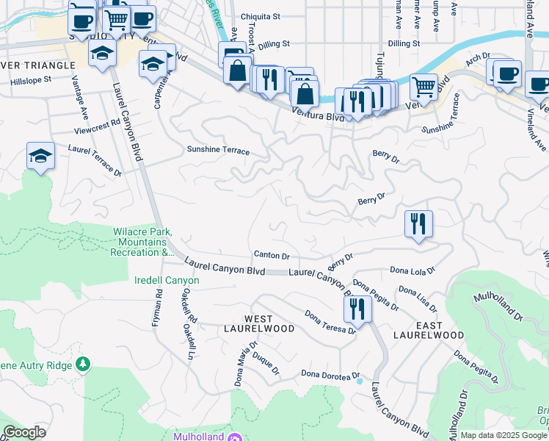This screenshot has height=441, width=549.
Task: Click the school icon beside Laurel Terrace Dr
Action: (41, 156)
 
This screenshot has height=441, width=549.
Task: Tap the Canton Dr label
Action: (272, 255)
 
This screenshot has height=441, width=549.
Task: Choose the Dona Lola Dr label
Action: (412, 271)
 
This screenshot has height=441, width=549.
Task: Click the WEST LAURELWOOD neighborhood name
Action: (249, 323)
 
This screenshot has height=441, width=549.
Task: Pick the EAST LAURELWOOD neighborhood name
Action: (429, 329)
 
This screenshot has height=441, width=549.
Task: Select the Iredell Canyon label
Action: (167, 281)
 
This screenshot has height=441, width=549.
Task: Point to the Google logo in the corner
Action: (24, 432)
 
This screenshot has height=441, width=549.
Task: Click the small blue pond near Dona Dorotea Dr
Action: (359, 381)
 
